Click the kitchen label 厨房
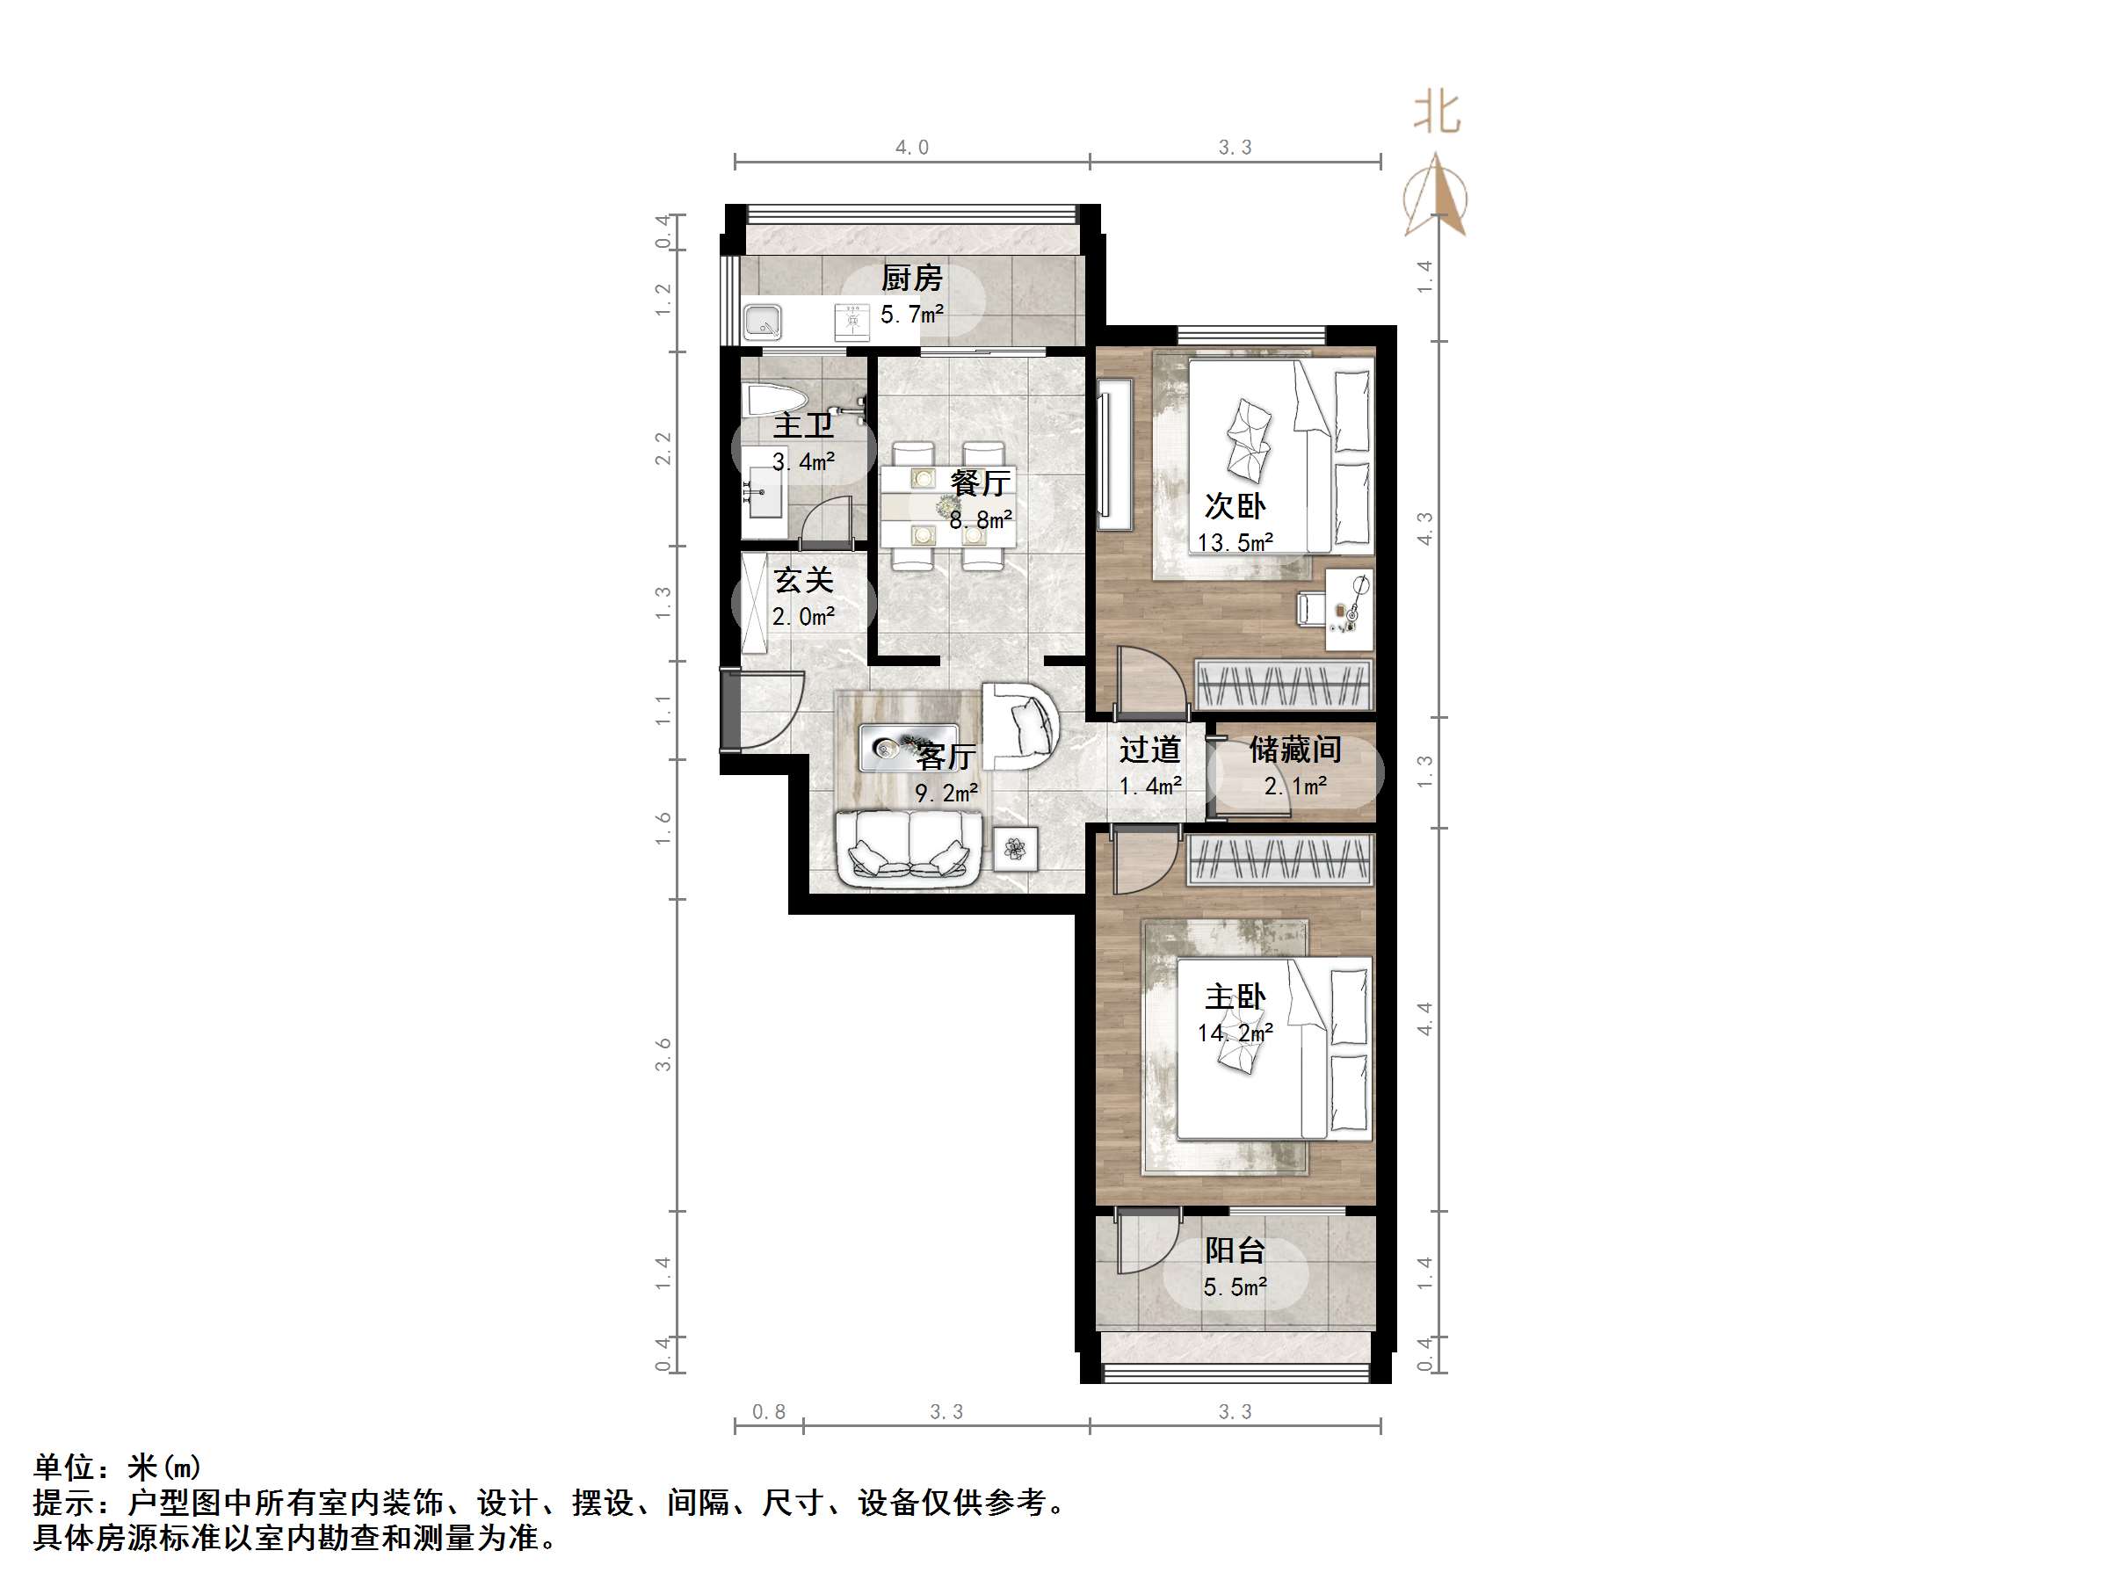tap(910, 279)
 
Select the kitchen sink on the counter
tap(764, 322)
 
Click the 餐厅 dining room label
tap(980, 483)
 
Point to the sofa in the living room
tap(909, 845)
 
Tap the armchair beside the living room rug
tap(1019, 726)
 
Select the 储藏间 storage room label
tap(1295, 750)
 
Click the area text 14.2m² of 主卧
tap(1234, 1033)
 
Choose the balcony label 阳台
tap(1234, 1250)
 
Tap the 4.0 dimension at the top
tap(911, 148)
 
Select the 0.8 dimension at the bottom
tap(768, 1412)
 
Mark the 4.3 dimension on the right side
tap(1424, 529)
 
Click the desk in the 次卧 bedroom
tap(1349, 602)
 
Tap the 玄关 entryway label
tap(803, 580)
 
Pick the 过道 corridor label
tap(1150, 750)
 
